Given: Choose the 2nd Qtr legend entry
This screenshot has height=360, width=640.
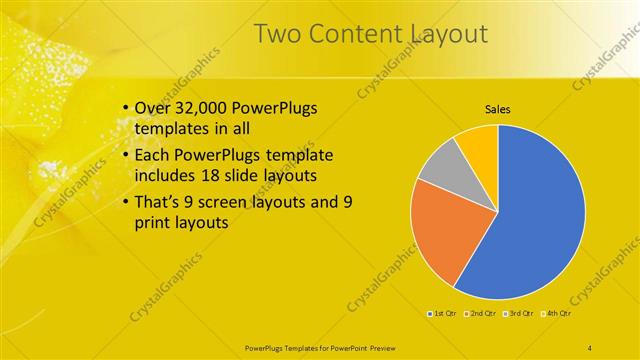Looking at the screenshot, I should point(481,314).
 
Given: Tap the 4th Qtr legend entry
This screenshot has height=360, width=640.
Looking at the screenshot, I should point(557,314).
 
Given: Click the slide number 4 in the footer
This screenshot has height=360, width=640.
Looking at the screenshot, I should point(590,347).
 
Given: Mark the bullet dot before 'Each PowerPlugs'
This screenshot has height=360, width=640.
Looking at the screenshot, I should point(124,156).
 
